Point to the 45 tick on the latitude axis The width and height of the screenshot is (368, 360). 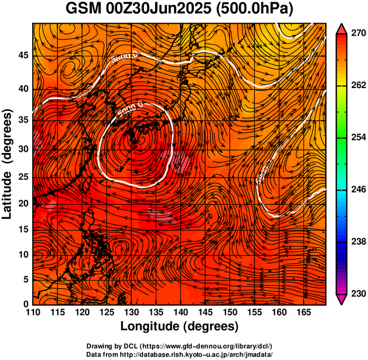[24, 56]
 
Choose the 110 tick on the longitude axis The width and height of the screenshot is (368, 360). [33, 313]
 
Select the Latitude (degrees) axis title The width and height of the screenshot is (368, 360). [8, 164]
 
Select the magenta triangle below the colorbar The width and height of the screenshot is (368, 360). [342, 299]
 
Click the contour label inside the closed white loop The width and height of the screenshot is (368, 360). [130, 109]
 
